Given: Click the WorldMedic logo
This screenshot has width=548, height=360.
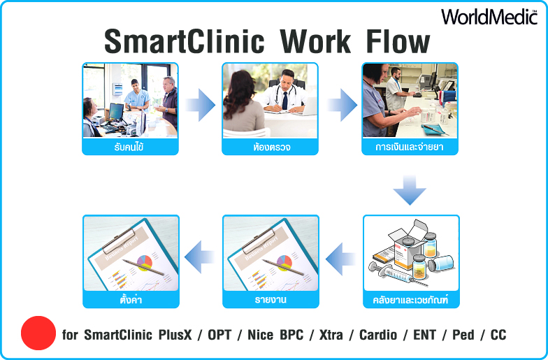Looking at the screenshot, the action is coord(489,17).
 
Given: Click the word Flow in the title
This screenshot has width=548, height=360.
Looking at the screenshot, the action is coord(398,42).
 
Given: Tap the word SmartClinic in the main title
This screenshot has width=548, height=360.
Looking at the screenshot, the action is coord(185,42).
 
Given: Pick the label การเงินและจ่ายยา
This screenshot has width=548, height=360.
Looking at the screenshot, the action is coord(410,147).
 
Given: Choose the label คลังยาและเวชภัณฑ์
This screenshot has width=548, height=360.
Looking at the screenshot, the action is coord(411,300).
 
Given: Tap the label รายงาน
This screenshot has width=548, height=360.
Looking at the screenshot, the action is coord(271,300).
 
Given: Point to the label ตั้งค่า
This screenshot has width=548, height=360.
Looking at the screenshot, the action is coord(131,299).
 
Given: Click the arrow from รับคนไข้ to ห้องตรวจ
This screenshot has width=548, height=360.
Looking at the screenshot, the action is coord(200,105).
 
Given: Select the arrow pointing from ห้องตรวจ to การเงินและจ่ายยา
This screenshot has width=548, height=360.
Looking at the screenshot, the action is coord(342,105).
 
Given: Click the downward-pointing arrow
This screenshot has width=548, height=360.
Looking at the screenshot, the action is coord(410,190).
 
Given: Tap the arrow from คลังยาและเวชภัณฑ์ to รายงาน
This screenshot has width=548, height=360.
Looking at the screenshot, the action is coord(340,259).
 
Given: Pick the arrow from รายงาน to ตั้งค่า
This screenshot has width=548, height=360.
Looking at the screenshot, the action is coord(199,257).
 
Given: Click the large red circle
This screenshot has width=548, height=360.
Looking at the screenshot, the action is coord(38,333).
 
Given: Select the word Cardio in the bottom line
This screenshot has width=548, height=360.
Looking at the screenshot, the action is coord(378,335).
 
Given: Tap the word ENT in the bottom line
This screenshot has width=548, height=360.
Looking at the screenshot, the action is coord(425,335).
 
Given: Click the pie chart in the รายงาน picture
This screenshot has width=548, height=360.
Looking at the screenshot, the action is coord(284,263).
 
